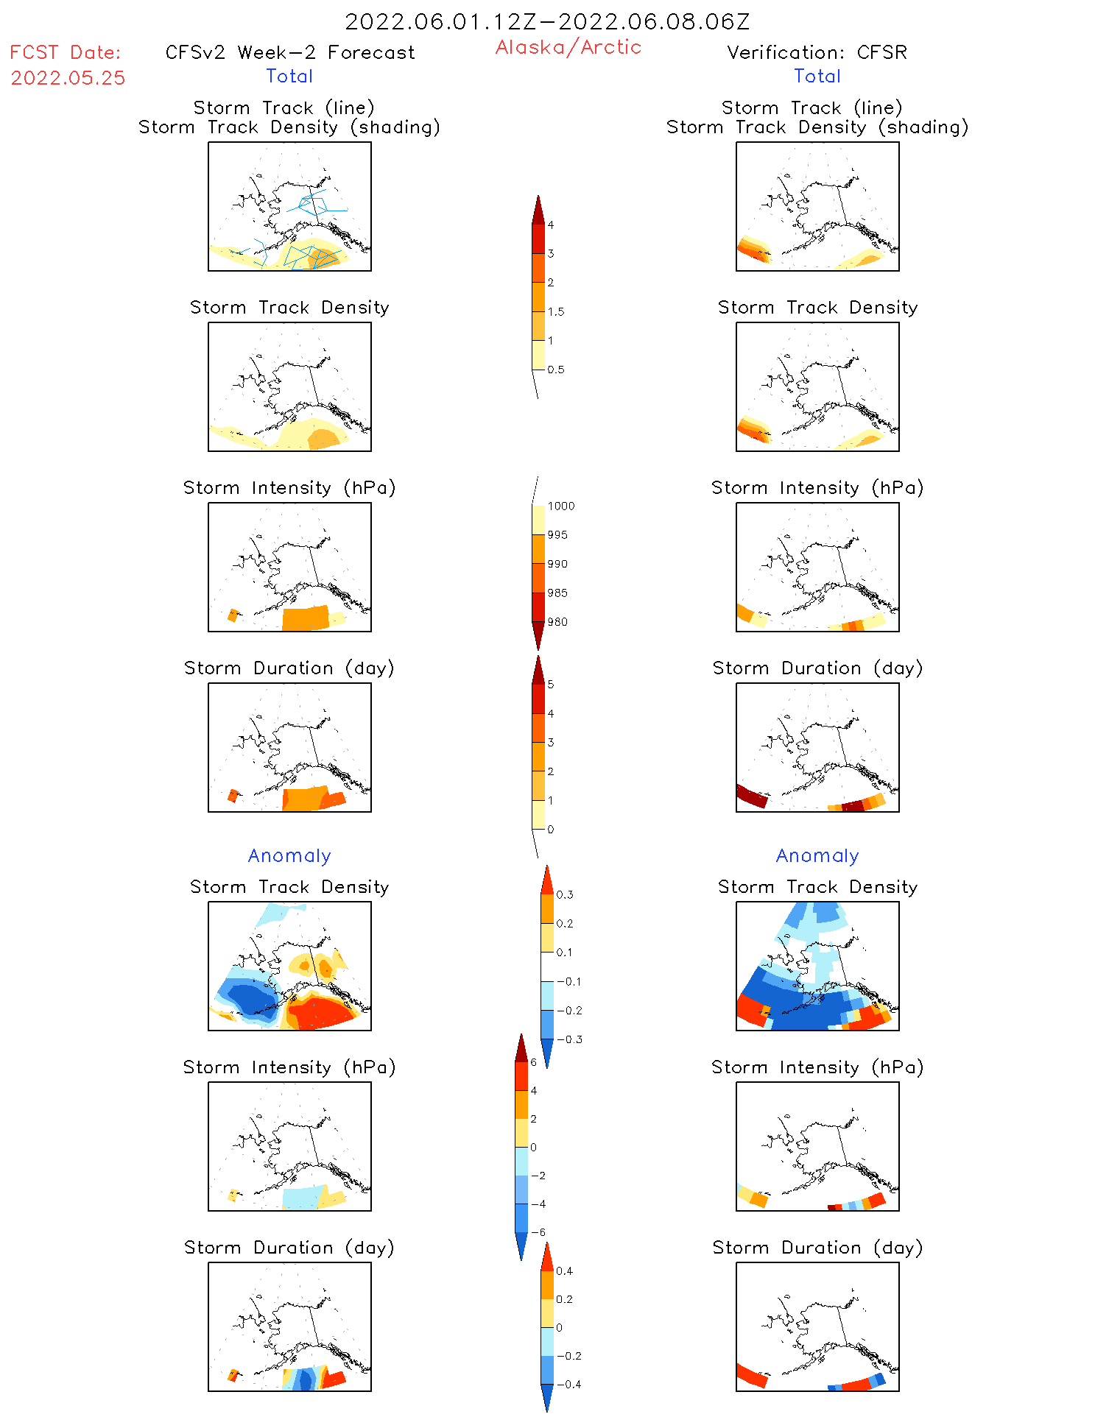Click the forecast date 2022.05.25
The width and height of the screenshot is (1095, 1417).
[x=68, y=78]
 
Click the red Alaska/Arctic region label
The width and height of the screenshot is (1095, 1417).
[x=568, y=47]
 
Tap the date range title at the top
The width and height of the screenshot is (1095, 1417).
[x=547, y=21]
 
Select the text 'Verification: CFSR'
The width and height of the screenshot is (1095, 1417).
[x=817, y=52]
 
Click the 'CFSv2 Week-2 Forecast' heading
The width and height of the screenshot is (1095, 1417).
[x=290, y=52]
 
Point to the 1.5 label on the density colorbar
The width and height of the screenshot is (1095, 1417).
[x=556, y=312]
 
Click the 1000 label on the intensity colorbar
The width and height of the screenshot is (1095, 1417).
[x=560, y=506]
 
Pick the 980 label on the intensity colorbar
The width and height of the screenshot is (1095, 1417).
[x=557, y=622]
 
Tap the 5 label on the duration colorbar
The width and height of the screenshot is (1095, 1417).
[x=551, y=685]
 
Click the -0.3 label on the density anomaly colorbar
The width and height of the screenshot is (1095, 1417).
[x=569, y=1039]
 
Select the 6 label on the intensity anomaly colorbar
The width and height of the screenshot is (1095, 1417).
[x=533, y=1062]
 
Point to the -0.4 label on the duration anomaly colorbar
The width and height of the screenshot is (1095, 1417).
[x=568, y=1385]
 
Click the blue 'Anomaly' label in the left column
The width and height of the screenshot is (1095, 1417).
[x=289, y=855]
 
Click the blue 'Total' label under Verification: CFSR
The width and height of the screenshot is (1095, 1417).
[x=817, y=76]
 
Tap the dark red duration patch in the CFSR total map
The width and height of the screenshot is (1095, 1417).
[x=751, y=796]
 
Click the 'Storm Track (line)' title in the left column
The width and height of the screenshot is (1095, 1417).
[x=284, y=107]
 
